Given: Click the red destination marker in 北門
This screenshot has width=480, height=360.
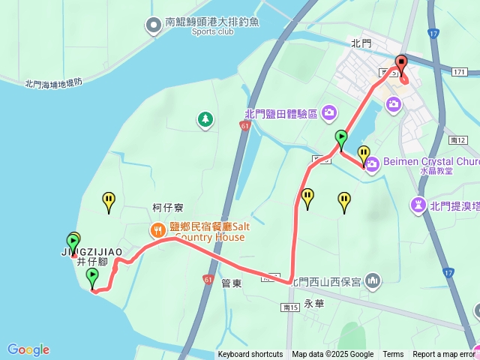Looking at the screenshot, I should coord(400,64).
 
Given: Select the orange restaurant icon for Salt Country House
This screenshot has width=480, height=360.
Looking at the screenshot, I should coord(157,229).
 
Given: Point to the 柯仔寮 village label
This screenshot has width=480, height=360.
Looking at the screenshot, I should coord(168,208).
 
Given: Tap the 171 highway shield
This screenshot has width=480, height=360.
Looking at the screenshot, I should coord(459,71).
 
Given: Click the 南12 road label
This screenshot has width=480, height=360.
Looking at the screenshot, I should coord(457,140).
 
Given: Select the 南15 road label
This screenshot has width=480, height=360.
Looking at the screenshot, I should coord(291,307).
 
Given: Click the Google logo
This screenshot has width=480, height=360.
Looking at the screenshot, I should coord(28,349).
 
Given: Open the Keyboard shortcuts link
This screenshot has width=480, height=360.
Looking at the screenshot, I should coord(250,355).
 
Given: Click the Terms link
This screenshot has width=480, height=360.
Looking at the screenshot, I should coord(393,355).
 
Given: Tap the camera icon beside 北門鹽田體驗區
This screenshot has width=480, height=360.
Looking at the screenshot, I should coord(328,113).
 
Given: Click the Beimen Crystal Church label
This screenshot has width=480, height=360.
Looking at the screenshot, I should coord(430,161).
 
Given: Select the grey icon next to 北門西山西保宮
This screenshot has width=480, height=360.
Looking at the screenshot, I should coord(373,281).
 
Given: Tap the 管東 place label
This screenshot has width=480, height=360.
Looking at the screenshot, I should coord(231,283).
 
